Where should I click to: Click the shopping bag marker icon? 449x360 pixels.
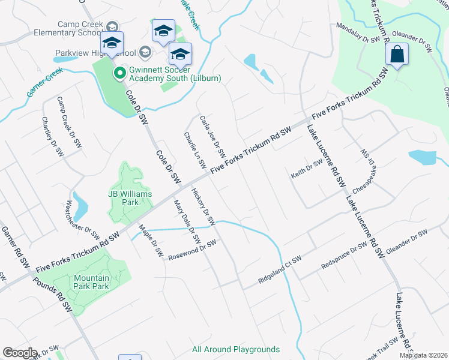click(397, 55)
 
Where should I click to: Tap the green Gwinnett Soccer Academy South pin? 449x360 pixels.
click(119, 73)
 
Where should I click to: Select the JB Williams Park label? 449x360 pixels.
click(130, 198)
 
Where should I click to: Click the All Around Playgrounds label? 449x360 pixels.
click(236, 349)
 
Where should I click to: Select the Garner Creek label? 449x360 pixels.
click(44, 82)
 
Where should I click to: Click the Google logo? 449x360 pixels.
click(20, 353)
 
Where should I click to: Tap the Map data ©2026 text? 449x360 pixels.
click(423, 355)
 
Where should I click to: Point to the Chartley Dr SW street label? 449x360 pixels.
click(53, 136)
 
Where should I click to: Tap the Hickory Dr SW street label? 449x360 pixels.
click(203, 207)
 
